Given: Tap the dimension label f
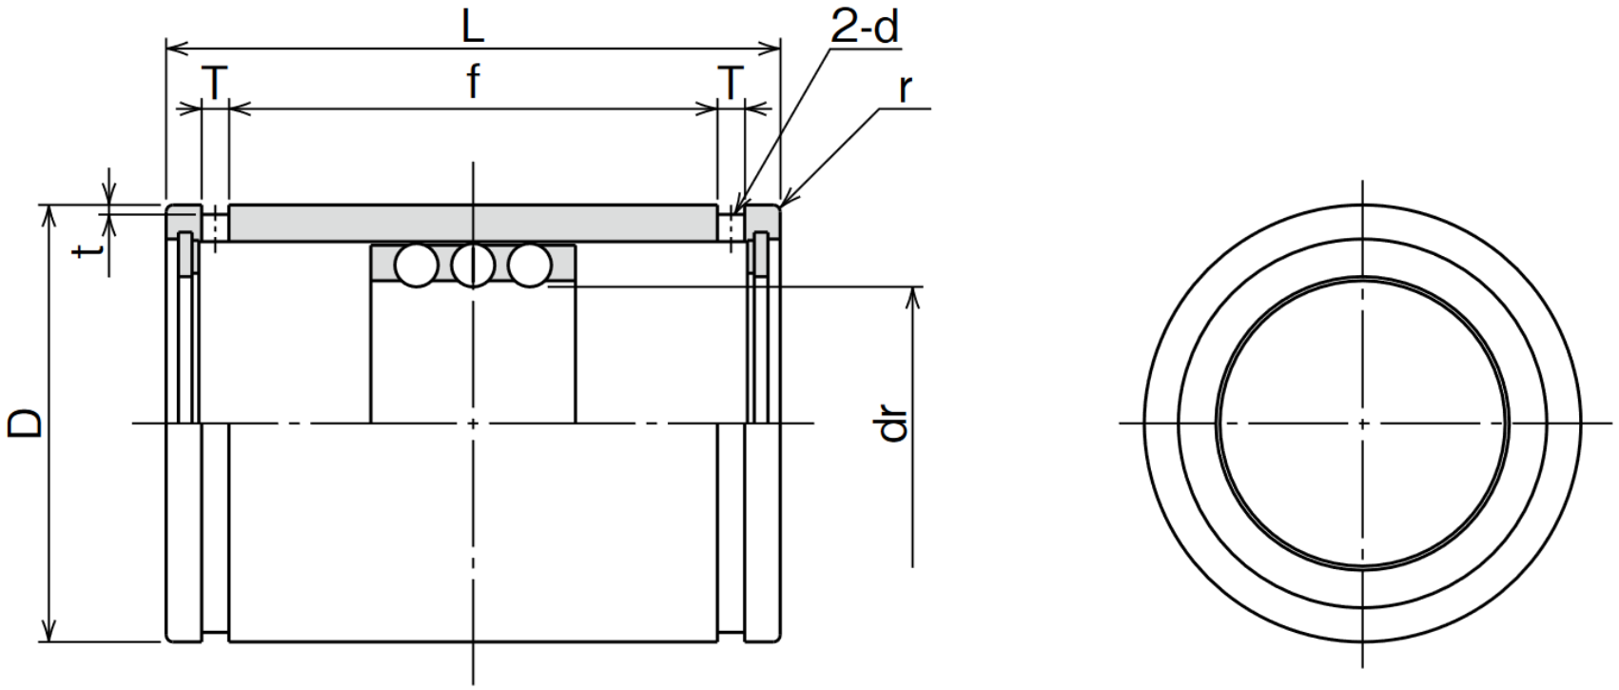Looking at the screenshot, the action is tap(473, 81).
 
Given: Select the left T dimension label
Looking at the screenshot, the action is tap(215, 83).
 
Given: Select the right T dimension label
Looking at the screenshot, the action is tap(731, 83).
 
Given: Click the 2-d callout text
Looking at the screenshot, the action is tap(865, 28).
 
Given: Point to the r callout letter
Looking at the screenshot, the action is tap(905, 89).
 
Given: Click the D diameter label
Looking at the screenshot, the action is tap(26, 424).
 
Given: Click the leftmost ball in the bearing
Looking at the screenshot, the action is tap(417, 266).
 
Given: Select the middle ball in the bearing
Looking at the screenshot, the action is tap(473, 266).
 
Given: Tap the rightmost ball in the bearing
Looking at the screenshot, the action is tap(530, 266).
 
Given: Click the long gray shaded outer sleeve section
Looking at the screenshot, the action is tap(473, 223).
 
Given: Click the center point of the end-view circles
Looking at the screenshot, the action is tap(1362, 424).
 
